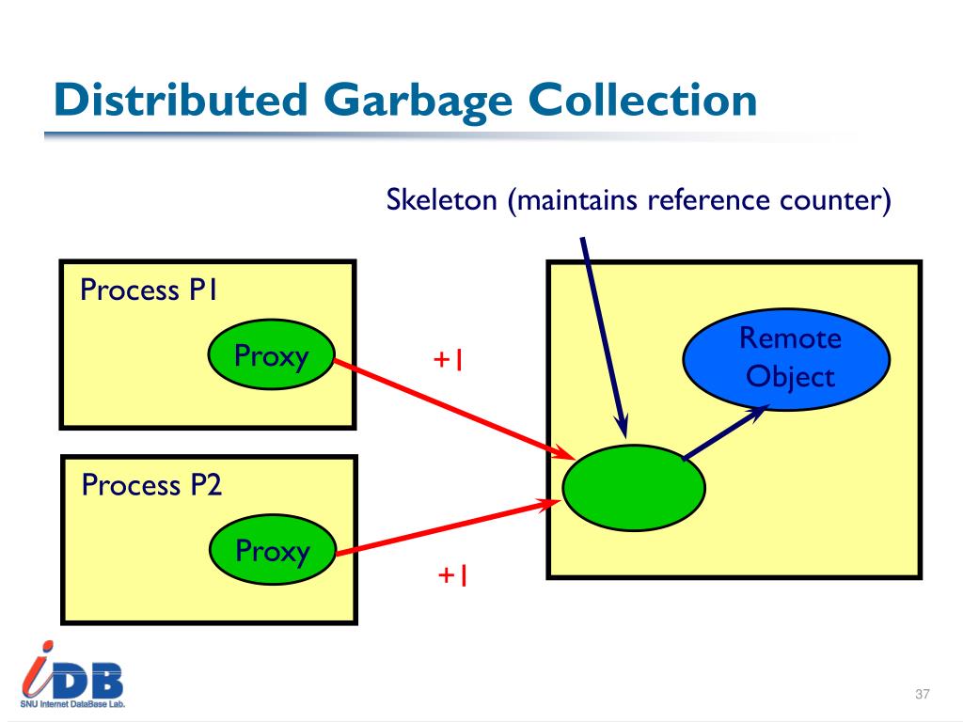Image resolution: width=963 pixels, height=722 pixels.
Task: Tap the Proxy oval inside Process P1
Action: pyautogui.click(x=272, y=355)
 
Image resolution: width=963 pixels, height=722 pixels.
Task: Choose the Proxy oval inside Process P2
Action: pyautogui.click(x=273, y=550)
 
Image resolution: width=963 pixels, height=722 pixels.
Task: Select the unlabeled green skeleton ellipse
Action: pyautogui.click(x=633, y=487)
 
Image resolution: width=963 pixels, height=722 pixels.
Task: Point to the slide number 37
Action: pyautogui.click(x=922, y=695)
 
